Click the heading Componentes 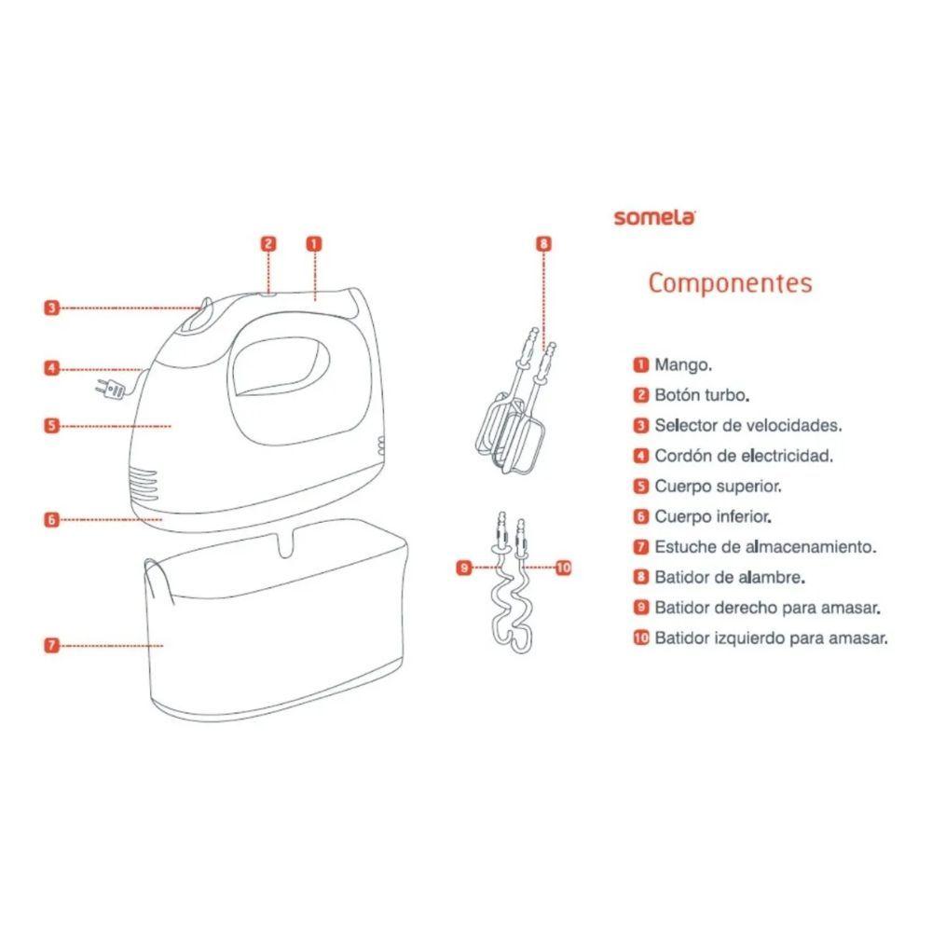pos(730,282)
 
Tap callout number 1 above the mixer pos(314,243)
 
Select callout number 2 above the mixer pos(267,243)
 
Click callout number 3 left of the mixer pos(52,308)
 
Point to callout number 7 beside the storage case pos(52,644)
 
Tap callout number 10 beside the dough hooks pos(562,567)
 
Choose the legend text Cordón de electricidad pos(743,456)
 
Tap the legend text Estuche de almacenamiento pos(765,547)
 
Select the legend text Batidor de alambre pos(730,577)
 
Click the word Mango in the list pos(683,364)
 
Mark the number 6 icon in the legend pos(640,516)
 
